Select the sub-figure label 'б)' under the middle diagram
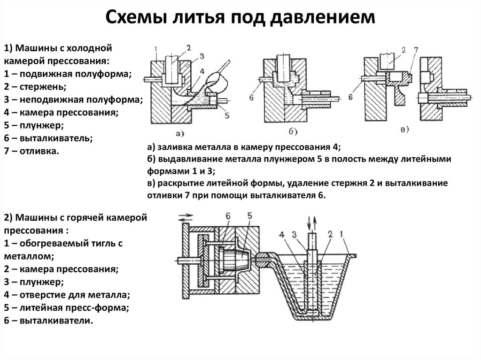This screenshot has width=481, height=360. [292, 131]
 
